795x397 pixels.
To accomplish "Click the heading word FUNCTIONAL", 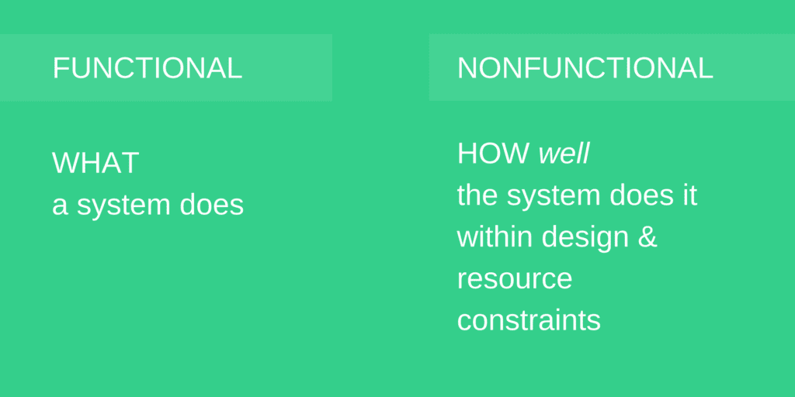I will [x=147, y=68].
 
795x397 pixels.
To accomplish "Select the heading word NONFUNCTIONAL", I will [x=585, y=68].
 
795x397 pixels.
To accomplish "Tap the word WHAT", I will [x=95, y=163].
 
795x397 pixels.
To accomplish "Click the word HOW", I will [x=493, y=154].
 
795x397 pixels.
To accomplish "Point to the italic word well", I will [x=564, y=154].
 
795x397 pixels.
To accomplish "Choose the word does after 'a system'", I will [x=211, y=205].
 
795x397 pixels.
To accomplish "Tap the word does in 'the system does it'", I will [x=641, y=195].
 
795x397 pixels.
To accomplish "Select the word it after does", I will [x=689, y=195].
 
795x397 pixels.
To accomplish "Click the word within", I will [x=495, y=236].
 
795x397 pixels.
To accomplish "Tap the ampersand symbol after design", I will [x=647, y=237].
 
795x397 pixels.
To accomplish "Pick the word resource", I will [x=515, y=279].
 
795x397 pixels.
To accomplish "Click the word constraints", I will [x=529, y=320].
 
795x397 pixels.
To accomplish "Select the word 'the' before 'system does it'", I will [x=477, y=195].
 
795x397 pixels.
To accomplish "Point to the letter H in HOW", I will [x=467, y=154].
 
